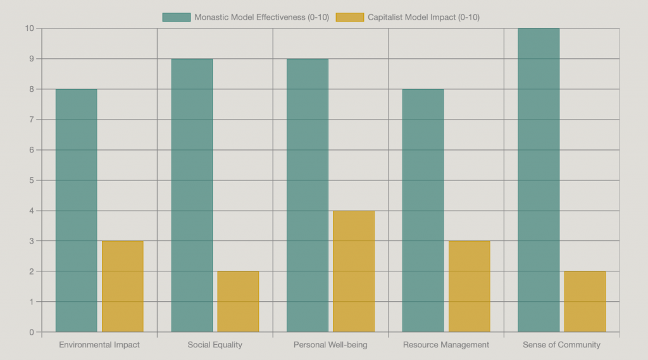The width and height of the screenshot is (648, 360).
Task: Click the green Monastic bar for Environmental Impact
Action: (x=77, y=210)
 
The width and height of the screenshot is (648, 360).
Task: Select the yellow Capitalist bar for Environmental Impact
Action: (x=123, y=286)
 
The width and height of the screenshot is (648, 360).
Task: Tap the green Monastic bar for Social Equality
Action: (x=192, y=195)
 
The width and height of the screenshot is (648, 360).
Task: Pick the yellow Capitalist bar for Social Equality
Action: (x=238, y=301)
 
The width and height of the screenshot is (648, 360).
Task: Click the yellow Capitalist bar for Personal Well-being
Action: (x=354, y=271)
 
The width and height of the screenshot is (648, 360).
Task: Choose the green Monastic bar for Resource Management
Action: (x=423, y=210)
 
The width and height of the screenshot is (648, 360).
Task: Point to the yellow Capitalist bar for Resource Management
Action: (x=469, y=286)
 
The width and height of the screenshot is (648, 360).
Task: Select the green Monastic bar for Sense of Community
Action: (x=539, y=180)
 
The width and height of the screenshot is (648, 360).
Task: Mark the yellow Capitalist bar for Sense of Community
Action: (x=585, y=301)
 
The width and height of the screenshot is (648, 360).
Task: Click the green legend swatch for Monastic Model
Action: (x=176, y=17)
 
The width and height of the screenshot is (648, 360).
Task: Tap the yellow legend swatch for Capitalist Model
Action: (x=349, y=17)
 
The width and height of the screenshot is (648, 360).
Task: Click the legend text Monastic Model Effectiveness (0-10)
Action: (x=261, y=17)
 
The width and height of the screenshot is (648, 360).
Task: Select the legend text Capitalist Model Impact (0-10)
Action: (x=423, y=17)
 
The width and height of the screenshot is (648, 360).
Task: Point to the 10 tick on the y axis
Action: (x=29, y=28)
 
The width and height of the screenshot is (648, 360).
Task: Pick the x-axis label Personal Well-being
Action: (x=330, y=345)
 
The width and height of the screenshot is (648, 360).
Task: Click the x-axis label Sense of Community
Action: (x=561, y=345)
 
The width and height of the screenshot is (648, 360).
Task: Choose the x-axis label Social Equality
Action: (x=215, y=345)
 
